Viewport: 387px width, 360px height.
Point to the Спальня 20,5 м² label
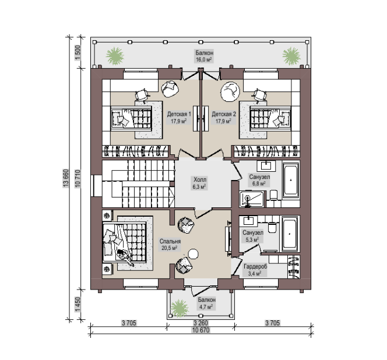pos(170,245)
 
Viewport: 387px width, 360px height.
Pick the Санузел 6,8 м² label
pos(259,180)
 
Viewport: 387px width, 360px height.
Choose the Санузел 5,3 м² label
pos(253,236)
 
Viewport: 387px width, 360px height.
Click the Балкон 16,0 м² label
pos(205,57)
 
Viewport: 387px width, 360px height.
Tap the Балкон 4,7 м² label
pos(206,303)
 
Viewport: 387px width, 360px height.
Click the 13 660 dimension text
pos(66,178)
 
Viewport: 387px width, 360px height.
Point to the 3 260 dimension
pos(200,323)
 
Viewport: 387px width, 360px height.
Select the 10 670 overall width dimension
pos(200,330)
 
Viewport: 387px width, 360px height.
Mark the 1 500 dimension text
pos(78,52)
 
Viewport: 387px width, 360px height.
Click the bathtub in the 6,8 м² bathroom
pos(290,180)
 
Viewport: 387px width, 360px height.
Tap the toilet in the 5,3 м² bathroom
pos(272,228)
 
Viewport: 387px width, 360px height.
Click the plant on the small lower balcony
pos(180,308)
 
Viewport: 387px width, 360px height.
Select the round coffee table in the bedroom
pos(193,254)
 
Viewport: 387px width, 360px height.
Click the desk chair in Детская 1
pos(142,94)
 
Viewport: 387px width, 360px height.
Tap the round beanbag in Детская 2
pos(230,91)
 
